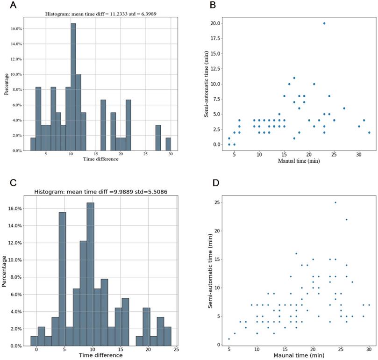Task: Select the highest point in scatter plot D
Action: (335, 202)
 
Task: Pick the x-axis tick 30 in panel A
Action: (170, 154)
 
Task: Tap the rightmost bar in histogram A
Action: (168, 144)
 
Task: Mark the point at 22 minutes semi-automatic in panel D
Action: (346, 220)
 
